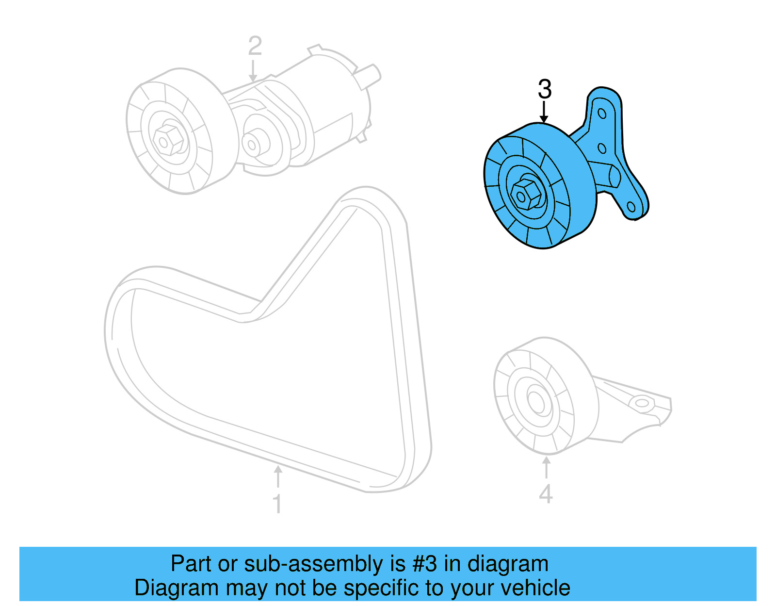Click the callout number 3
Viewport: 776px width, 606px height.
[x=545, y=89]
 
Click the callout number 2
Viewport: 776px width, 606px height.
[x=255, y=46]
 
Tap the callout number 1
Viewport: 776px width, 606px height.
[x=277, y=504]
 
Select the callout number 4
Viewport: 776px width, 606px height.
[x=546, y=494]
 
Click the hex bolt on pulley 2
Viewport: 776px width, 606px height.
[x=168, y=140]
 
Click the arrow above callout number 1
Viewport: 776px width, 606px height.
[x=278, y=476]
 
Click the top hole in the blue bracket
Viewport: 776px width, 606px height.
[x=602, y=114]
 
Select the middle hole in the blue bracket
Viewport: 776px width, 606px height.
[x=601, y=148]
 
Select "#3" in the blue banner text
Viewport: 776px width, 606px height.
[x=425, y=564]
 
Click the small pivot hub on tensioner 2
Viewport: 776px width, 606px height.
[x=252, y=144]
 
